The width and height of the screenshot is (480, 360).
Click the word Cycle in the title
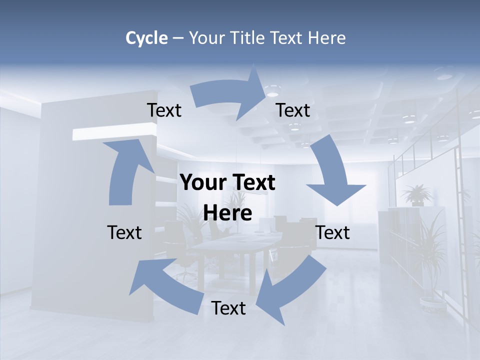tap(146, 38)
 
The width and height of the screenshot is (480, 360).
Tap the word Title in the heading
tap(248, 38)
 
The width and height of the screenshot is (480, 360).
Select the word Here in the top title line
tap(327, 38)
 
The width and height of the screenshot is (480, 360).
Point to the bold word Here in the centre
tap(227, 213)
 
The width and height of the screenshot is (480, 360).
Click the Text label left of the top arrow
tap(164, 110)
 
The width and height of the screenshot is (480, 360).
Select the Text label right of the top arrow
tap(293, 110)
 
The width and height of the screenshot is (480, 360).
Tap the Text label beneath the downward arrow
tap(332, 232)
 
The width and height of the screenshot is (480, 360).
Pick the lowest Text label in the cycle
tap(228, 308)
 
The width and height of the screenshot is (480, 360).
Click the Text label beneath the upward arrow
tap(124, 232)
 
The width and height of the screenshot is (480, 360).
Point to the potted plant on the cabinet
tap(416, 194)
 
